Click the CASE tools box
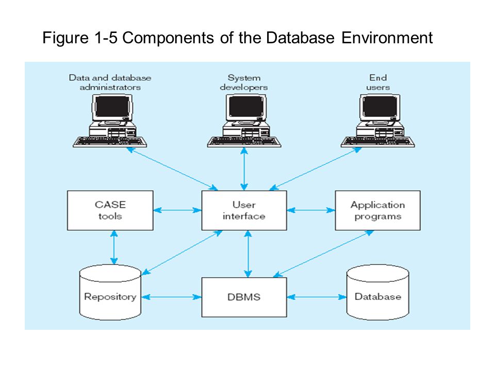110,210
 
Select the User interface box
244,210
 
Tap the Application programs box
377,210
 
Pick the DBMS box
244,297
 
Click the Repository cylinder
110,293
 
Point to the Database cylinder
377,293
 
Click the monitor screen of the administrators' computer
112,107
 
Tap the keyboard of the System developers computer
244,142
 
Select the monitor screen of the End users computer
380,107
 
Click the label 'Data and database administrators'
110,82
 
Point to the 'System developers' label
244,82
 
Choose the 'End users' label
378,82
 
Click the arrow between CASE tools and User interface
177,210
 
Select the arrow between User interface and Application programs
311,210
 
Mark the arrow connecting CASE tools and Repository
114,247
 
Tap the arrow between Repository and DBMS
171,297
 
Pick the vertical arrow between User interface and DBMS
248,254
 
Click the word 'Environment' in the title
387,38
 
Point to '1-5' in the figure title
106,38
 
